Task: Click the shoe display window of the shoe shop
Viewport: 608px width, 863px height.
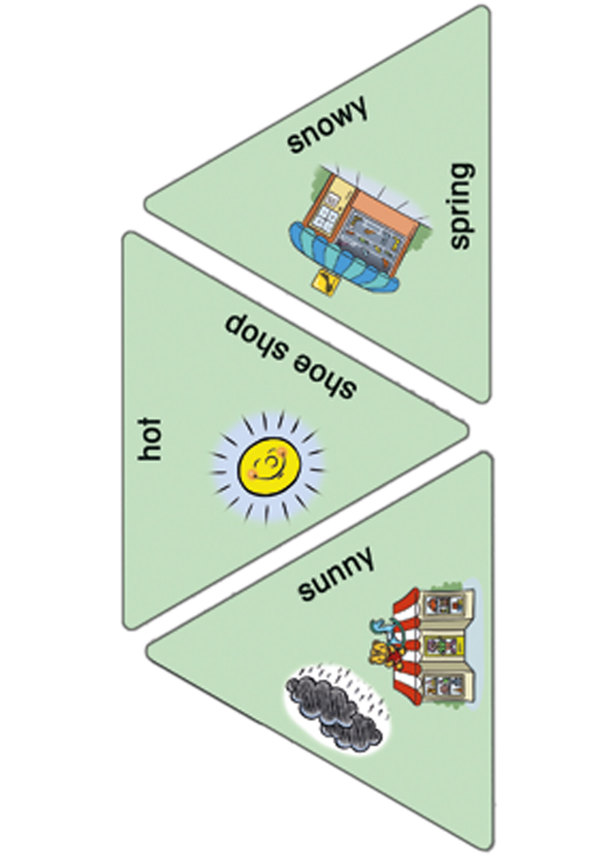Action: click(x=369, y=243)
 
